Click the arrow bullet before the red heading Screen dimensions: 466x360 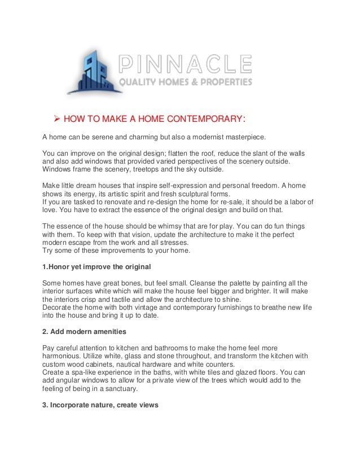56,118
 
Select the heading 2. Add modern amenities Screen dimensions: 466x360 87,332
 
